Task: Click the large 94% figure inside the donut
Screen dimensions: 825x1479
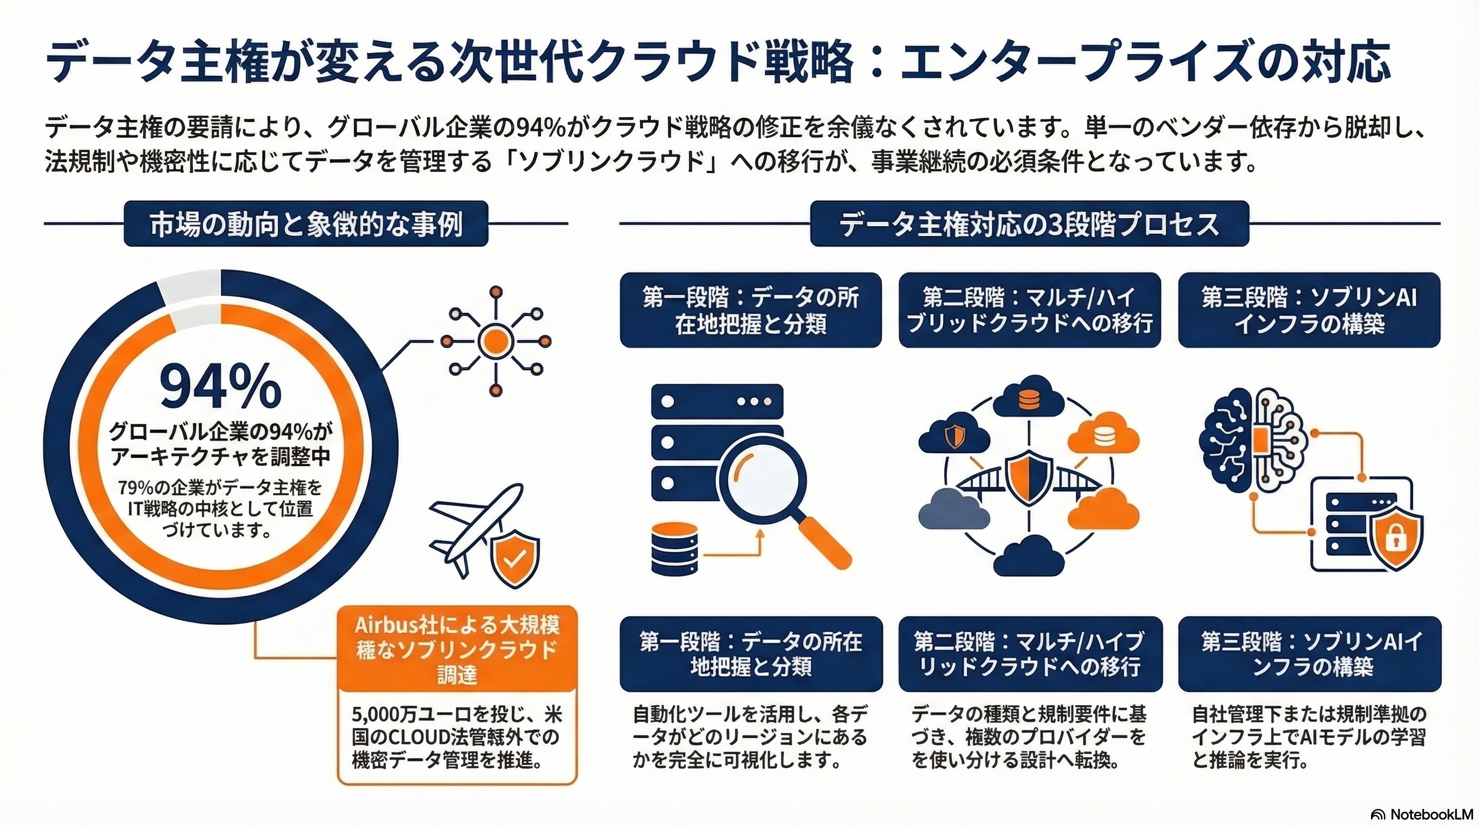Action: [220, 388]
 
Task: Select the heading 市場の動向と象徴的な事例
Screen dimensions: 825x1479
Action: [306, 224]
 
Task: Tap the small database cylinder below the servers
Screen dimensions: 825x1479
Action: [675, 548]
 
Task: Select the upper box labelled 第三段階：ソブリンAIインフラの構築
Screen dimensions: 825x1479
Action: [1309, 310]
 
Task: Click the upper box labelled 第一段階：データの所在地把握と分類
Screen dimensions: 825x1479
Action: [750, 310]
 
